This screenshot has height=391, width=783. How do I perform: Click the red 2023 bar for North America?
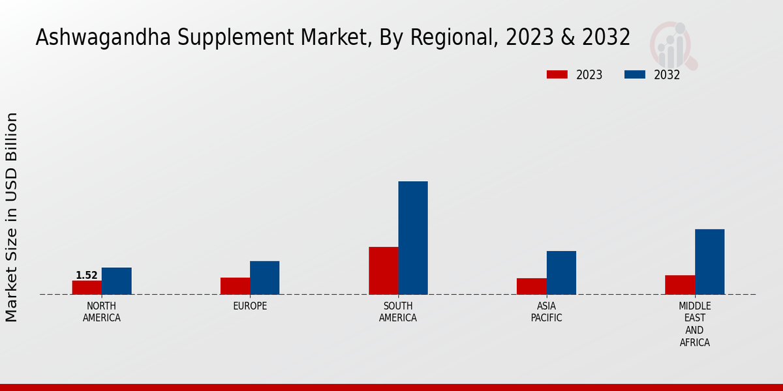[x=87, y=287]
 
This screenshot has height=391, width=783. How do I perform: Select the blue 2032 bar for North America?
[x=116, y=281]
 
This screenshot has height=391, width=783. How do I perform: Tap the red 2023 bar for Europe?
[x=235, y=286]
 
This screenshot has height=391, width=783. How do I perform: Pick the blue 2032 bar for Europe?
[x=264, y=278]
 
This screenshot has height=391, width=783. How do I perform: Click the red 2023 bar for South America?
[x=384, y=270]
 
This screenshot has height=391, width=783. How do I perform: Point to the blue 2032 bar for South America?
[x=413, y=238]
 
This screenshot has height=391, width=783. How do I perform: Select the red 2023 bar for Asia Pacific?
[x=532, y=286]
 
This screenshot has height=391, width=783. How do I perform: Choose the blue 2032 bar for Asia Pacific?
[x=561, y=272]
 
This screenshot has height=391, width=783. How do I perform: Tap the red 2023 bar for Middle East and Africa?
[x=680, y=285]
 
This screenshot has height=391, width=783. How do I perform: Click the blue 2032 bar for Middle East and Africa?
[x=709, y=261]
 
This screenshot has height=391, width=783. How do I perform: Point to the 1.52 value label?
[x=87, y=276]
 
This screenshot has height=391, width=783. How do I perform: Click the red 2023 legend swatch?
[x=557, y=74]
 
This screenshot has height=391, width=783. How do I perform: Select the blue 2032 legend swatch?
[x=635, y=74]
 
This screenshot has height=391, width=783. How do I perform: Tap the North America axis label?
[x=102, y=312]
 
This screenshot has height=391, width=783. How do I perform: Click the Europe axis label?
[x=250, y=306]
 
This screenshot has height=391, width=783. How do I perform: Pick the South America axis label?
[x=398, y=312]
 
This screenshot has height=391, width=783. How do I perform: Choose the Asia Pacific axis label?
[x=547, y=312]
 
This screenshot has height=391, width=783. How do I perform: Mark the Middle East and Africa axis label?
[x=695, y=324]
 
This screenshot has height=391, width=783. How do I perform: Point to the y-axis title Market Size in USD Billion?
[x=12, y=217]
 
